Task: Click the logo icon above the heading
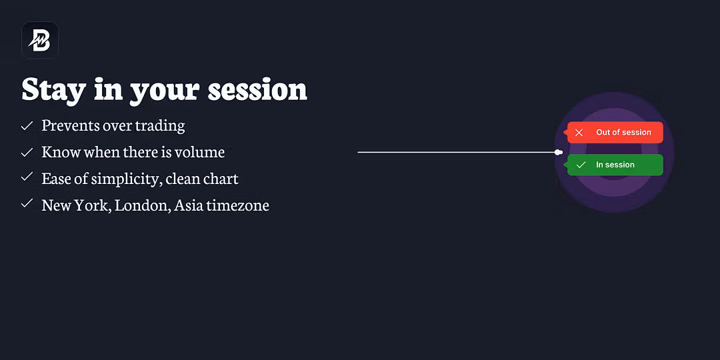pyautogui.click(x=40, y=41)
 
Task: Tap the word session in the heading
pyautogui.click(x=257, y=89)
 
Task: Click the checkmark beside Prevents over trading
pyautogui.click(x=27, y=125)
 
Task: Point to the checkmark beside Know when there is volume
pyautogui.click(x=27, y=152)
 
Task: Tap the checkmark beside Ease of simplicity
pyautogui.click(x=27, y=177)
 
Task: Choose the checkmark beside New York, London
pyautogui.click(x=27, y=203)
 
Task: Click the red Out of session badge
pyautogui.click(x=614, y=132)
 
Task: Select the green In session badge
pyautogui.click(x=614, y=165)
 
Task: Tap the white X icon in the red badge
pyautogui.click(x=579, y=133)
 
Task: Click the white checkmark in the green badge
pyautogui.click(x=581, y=165)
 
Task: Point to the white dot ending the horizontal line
pyautogui.click(x=559, y=152)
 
